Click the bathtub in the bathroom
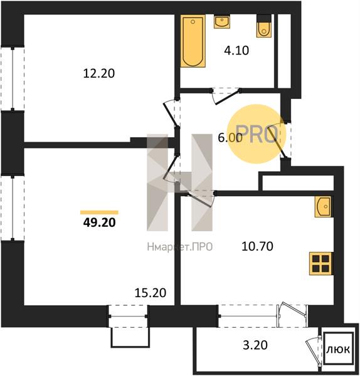point(193,41)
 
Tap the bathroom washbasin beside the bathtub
point(222,22)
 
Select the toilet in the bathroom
point(264,26)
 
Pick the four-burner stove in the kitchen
point(321,264)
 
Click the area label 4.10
point(236,51)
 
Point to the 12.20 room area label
point(99,73)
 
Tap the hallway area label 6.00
point(230,138)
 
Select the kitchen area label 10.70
point(257,246)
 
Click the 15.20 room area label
point(151,293)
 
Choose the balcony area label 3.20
point(255,345)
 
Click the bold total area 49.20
point(99,222)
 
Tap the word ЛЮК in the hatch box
point(338,350)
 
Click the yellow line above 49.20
point(99,212)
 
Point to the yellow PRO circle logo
point(257,134)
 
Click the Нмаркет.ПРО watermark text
point(180,247)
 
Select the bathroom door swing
point(226,97)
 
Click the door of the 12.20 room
point(171,113)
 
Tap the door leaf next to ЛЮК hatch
point(313,350)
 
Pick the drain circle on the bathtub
point(193,22)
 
